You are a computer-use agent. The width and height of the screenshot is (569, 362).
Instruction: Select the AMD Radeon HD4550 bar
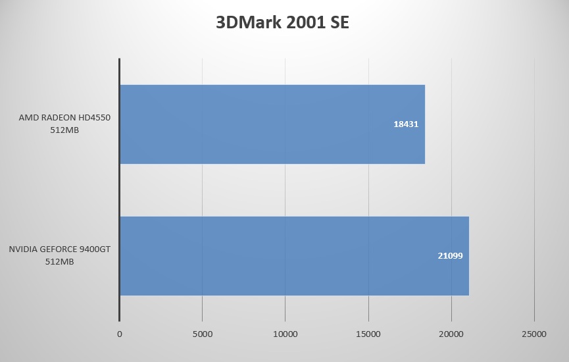272,124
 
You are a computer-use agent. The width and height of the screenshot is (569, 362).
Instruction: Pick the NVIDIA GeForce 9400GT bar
293,255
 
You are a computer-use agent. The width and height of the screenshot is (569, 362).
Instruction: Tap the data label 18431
406,124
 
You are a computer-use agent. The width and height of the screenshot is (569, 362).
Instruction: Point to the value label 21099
450,255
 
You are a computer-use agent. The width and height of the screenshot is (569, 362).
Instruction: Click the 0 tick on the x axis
119,334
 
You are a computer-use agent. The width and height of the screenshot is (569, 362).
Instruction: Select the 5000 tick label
202,334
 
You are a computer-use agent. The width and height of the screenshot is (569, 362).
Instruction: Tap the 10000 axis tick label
285,334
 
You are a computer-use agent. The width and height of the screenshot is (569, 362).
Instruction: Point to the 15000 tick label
368,334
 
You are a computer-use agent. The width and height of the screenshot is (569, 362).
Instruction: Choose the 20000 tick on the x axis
451,334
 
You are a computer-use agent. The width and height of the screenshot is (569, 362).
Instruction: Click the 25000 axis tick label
533,334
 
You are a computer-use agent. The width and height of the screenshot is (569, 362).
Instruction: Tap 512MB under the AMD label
65,130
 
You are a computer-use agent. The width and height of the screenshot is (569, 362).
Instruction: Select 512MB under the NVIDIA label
59,261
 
